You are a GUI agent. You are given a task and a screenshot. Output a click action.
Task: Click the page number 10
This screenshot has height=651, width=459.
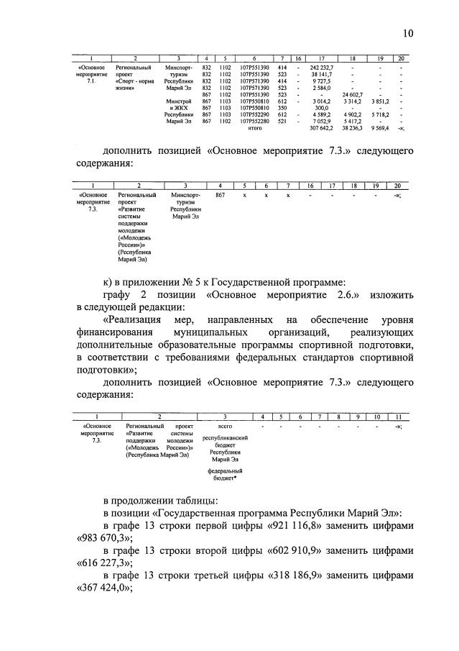pos(407,33)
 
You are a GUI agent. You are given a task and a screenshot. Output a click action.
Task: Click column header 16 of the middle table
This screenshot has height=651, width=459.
pos(310,186)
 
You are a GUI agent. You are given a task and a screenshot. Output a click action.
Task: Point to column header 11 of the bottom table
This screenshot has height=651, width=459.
pos(396,416)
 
